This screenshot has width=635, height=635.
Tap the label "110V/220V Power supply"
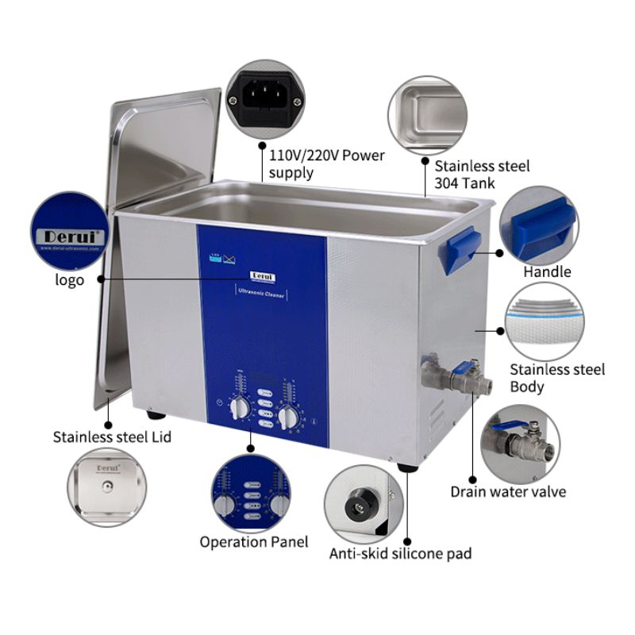click(x=326, y=164)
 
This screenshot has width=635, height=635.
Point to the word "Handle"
click(x=547, y=272)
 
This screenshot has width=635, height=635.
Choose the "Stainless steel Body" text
click(x=556, y=378)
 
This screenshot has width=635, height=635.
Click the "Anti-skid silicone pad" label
click(x=400, y=553)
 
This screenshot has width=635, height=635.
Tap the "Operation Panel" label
click(x=253, y=542)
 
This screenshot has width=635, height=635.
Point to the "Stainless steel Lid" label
click(x=112, y=437)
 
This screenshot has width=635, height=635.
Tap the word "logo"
click(x=70, y=280)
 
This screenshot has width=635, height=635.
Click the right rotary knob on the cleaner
click(x=288, y=415)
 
